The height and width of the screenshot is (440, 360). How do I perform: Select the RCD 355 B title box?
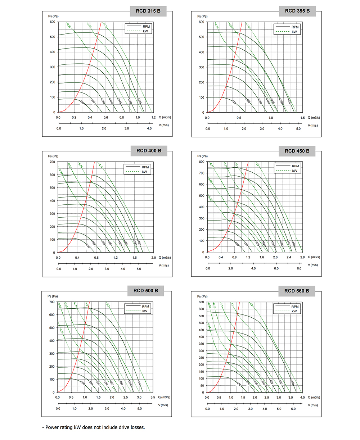point(297,11)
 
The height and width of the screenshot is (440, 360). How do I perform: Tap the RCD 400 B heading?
point(149,151)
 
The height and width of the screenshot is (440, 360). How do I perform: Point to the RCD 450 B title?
point(297,151)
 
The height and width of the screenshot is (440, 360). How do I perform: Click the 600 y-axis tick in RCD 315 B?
point(52,22)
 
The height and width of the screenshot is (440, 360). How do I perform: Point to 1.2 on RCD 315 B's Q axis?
point(153,118)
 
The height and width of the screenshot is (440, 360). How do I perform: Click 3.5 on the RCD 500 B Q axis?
point(153,398)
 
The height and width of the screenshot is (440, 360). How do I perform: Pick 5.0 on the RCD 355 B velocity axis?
point(298,129)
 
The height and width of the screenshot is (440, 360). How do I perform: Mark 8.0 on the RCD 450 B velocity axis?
point(299,268)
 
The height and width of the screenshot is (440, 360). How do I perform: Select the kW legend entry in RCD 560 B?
point(293,311)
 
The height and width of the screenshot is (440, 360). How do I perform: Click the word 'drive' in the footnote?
point(120,427)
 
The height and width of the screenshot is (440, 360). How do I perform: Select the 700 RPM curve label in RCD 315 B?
point(82,103)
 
